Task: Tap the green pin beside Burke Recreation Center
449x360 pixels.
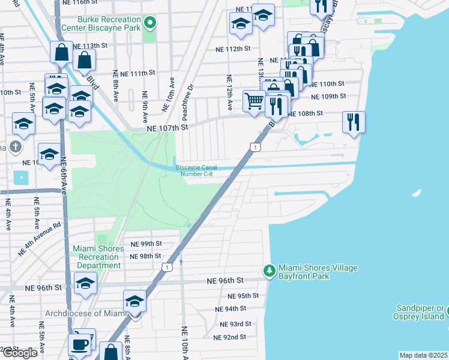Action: coord(149,24)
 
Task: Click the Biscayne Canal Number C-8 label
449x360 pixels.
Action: coord(203,171)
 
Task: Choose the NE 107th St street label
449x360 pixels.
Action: coord(168,128)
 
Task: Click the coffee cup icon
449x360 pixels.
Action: coord(79,344)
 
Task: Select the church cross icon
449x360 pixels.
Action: coord(16,147)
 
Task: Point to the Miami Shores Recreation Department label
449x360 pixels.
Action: coord(97,257)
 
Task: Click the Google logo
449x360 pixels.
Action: coord(20,353)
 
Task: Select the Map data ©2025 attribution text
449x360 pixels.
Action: coord(424,355)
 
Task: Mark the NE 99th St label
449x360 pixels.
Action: coord(146,244)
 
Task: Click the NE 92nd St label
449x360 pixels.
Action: coord(230,337)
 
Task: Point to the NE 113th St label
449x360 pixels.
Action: coord(90,46)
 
